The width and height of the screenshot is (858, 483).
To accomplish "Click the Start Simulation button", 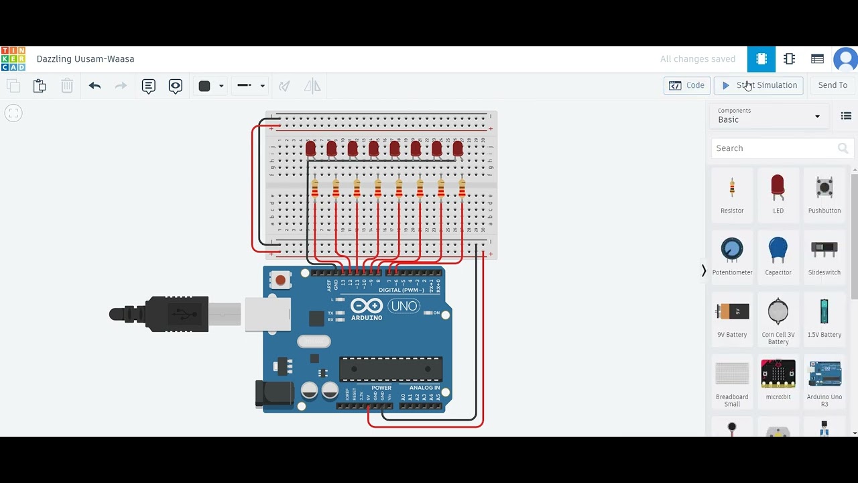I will click(759, 85).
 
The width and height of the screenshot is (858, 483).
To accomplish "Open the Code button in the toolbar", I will click(687, 85).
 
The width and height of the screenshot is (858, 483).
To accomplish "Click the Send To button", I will click(833, 85).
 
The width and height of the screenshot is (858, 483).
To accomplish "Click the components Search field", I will click(774, 148).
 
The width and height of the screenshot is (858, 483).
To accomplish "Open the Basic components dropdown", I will click(769, 116).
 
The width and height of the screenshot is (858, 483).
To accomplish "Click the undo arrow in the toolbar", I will click(95, 86).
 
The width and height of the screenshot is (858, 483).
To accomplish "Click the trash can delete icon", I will click(67, 86).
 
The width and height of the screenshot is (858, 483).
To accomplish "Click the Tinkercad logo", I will click(13, 59).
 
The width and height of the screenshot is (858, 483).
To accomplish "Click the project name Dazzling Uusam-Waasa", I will click(85, 59).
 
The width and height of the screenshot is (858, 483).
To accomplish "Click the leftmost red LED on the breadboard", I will click(310, 148).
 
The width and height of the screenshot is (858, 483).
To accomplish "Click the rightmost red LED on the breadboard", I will click(458, 148).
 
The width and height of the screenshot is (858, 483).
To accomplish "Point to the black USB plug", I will click(161, 313).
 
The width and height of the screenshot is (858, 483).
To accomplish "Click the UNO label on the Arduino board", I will click(404, 307).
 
